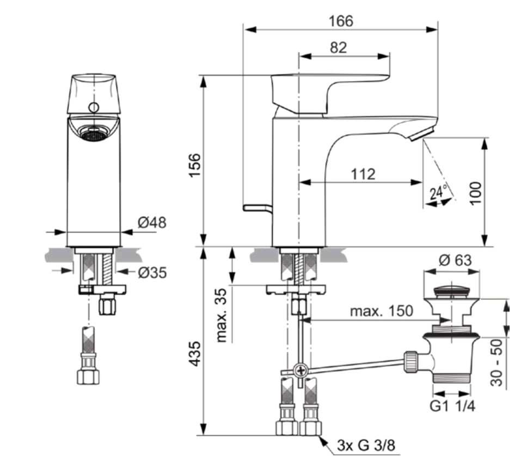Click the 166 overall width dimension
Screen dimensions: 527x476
pos(341,21)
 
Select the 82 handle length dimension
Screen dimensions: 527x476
pos(338,48)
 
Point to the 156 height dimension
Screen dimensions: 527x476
pos(194,165)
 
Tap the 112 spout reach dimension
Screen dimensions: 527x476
pos(363,174)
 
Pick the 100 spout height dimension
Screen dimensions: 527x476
pos(476,193)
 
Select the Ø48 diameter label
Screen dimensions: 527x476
pos(152,222)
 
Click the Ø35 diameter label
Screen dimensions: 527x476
pos(152,273)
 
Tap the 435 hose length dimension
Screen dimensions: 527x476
pos(194,354)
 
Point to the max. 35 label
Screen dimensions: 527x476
pos(222,316)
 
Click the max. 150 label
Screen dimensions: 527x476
pos(382,311)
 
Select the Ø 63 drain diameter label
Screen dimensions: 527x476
pos(456,260)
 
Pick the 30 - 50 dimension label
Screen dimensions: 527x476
pos(497,362)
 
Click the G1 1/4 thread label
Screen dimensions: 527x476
pos(452,406)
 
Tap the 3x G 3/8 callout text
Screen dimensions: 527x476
pos(366,446)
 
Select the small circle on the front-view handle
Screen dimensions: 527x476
pos(94,108)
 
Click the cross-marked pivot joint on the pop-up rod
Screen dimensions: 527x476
pos(301,371)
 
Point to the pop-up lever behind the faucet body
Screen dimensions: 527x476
pos(258,209)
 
